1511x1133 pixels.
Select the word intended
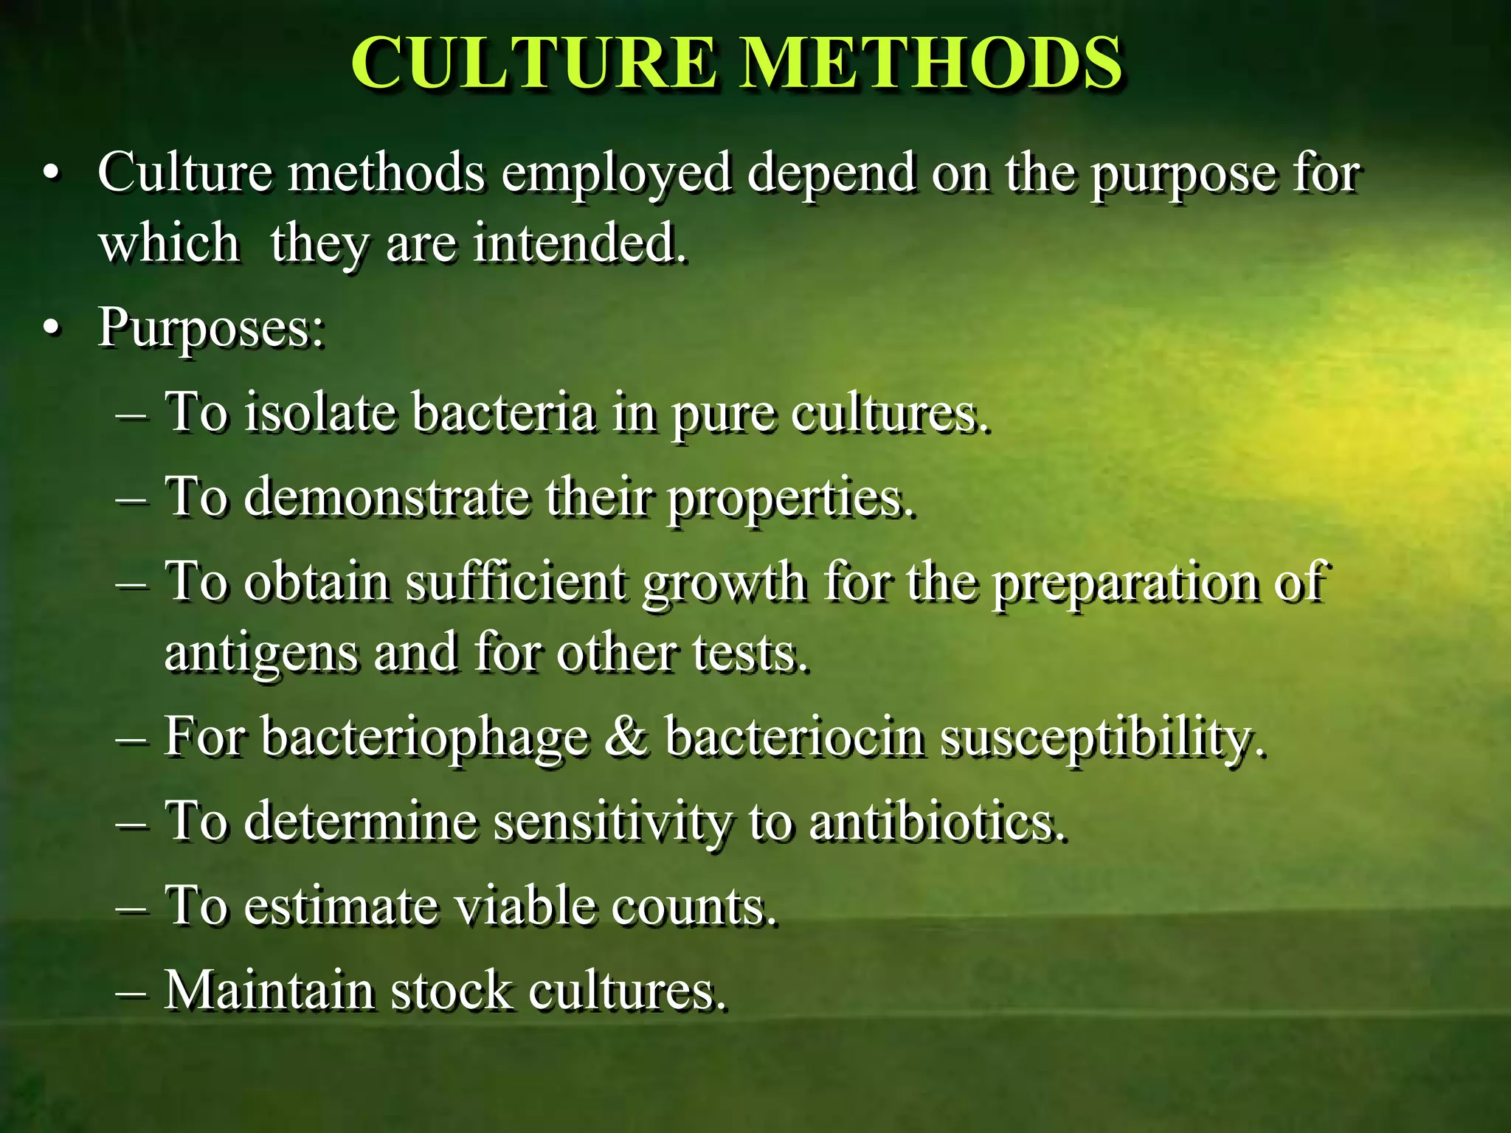[x=578, y=243]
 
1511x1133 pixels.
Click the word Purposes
[x=210, y=329]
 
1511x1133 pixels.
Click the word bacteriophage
[x=424, y=738]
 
